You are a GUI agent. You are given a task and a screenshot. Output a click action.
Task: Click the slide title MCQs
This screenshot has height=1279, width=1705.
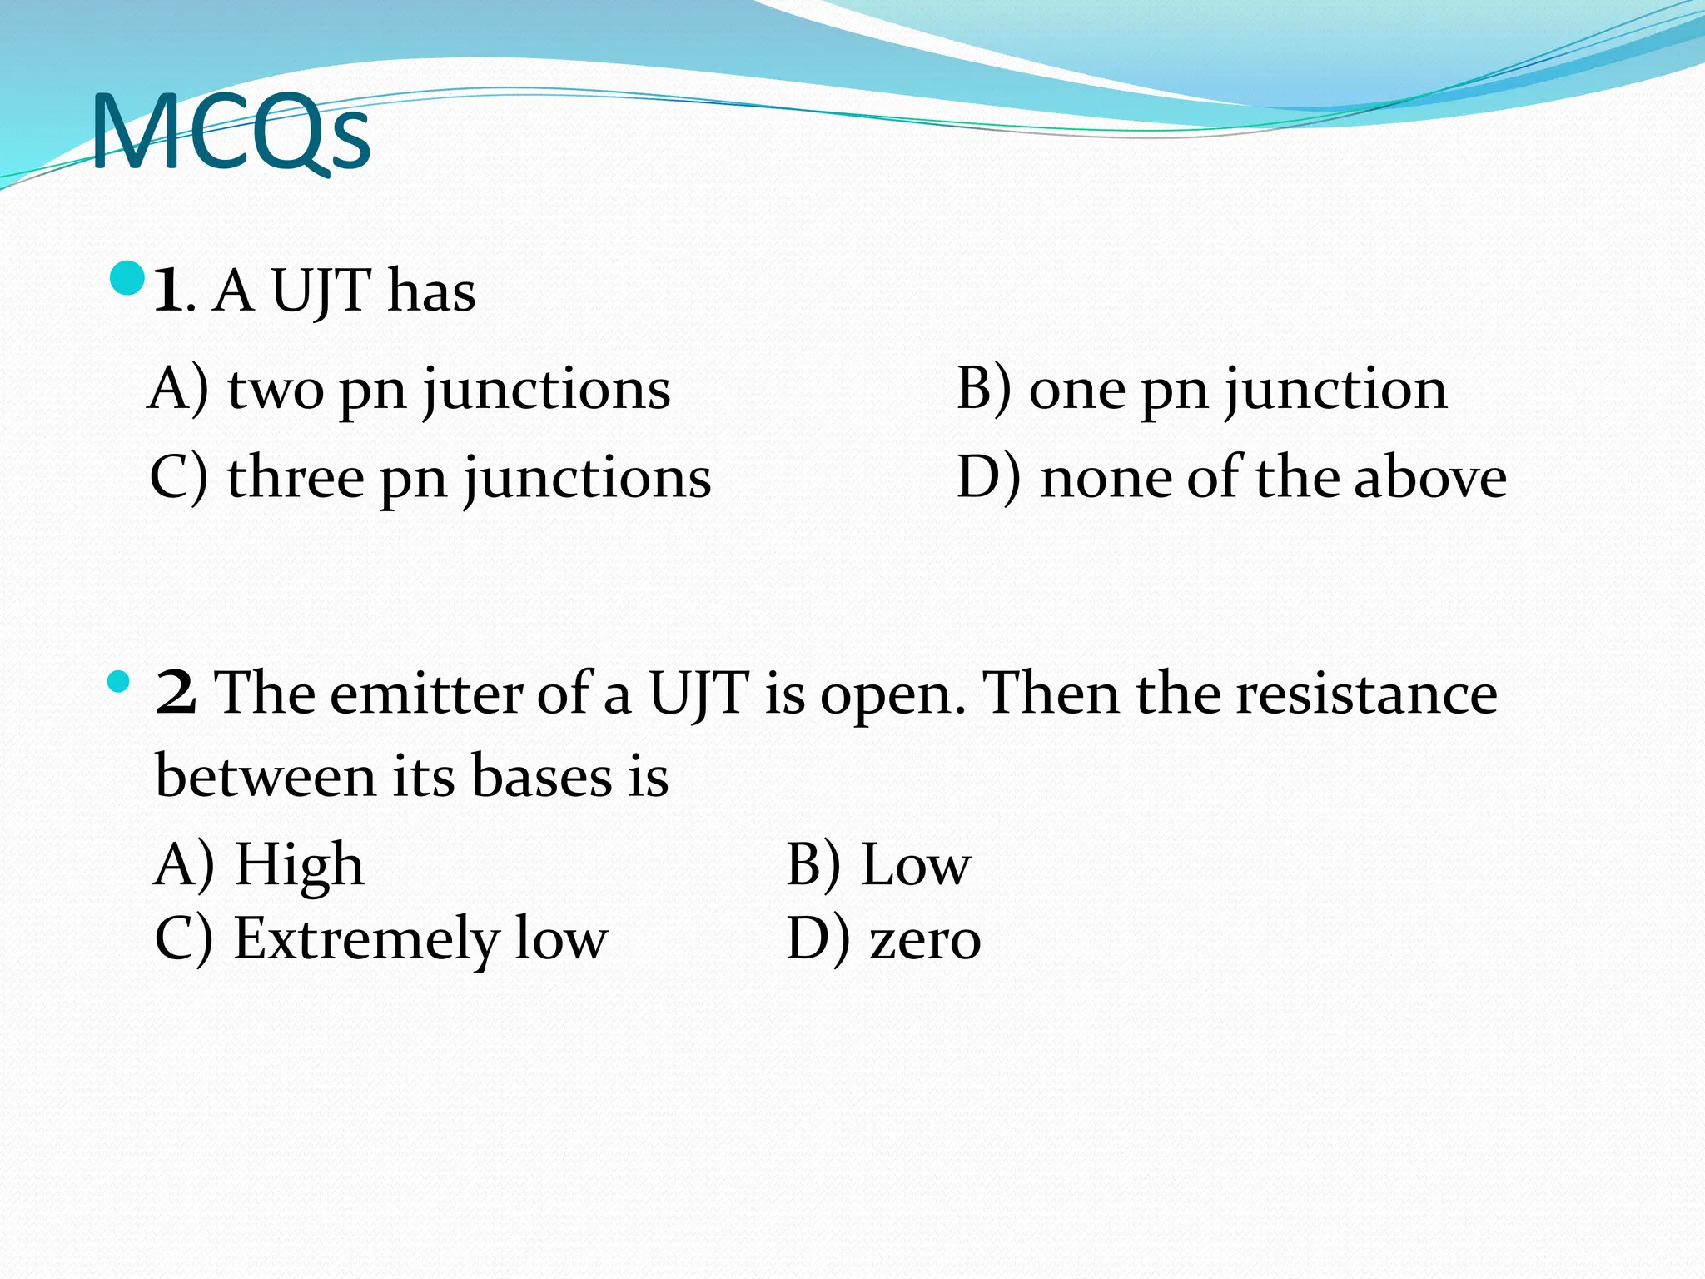231,133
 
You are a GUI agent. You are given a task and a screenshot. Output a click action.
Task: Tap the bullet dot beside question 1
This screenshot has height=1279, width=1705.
127,279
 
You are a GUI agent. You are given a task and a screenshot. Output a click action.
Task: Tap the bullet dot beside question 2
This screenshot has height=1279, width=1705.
119,682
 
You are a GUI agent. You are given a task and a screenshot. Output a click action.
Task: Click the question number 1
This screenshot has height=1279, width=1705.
167,291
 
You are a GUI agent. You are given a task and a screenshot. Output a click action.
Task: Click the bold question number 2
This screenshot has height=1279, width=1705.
176,693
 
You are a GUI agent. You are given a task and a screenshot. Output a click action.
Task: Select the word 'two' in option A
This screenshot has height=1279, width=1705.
276,390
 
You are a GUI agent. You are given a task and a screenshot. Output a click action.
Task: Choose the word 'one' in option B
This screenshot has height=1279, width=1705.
1076,390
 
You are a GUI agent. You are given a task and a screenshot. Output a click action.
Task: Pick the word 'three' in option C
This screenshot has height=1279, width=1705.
296,478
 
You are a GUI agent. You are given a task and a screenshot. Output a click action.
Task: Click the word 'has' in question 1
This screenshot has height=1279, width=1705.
431,291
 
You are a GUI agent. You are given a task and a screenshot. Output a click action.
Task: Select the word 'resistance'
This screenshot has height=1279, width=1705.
1366,693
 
